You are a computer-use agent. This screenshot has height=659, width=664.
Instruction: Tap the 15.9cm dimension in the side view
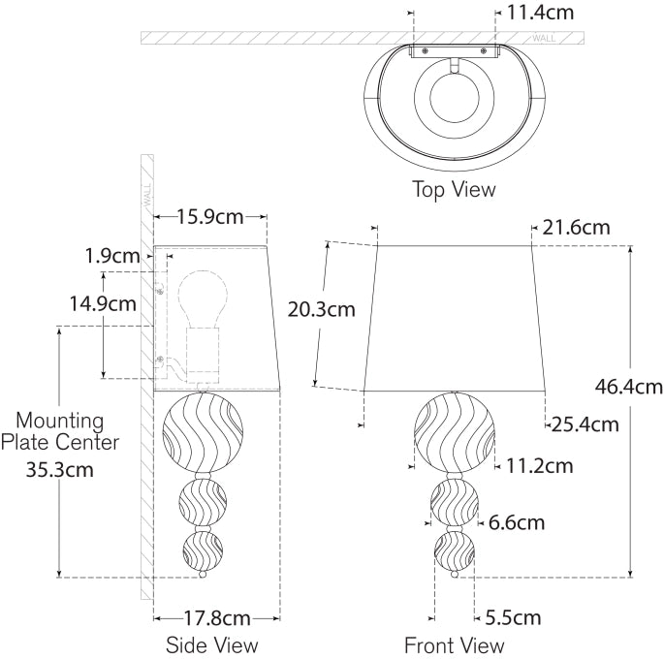click(210, 216)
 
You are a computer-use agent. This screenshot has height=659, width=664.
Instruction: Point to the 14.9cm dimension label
click(102, 303)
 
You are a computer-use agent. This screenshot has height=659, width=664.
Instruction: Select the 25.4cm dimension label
click(585, 424)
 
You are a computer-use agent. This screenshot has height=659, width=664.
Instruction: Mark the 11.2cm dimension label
click(539, 466)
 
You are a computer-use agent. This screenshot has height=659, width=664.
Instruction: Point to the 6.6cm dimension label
click(516, 522)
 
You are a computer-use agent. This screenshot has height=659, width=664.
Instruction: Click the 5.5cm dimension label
click(512, 617)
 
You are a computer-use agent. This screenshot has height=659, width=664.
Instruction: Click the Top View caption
click(454, 189)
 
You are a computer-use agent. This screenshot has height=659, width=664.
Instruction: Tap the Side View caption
click(212, 644)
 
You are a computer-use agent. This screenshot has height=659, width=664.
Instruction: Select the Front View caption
click(455, 644)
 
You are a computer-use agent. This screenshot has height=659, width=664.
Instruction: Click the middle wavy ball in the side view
click(203, 502)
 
